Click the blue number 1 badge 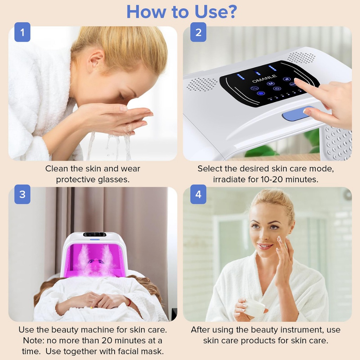click(x=22, y=32)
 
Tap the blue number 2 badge click(x=198, y=32)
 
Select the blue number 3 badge click(x=22, y=194)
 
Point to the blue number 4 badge click(x=198, y=194)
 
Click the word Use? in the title click(x=216, y=12)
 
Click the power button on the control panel click(x=277, y=89)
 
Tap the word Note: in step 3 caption click(x=34, y=340)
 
